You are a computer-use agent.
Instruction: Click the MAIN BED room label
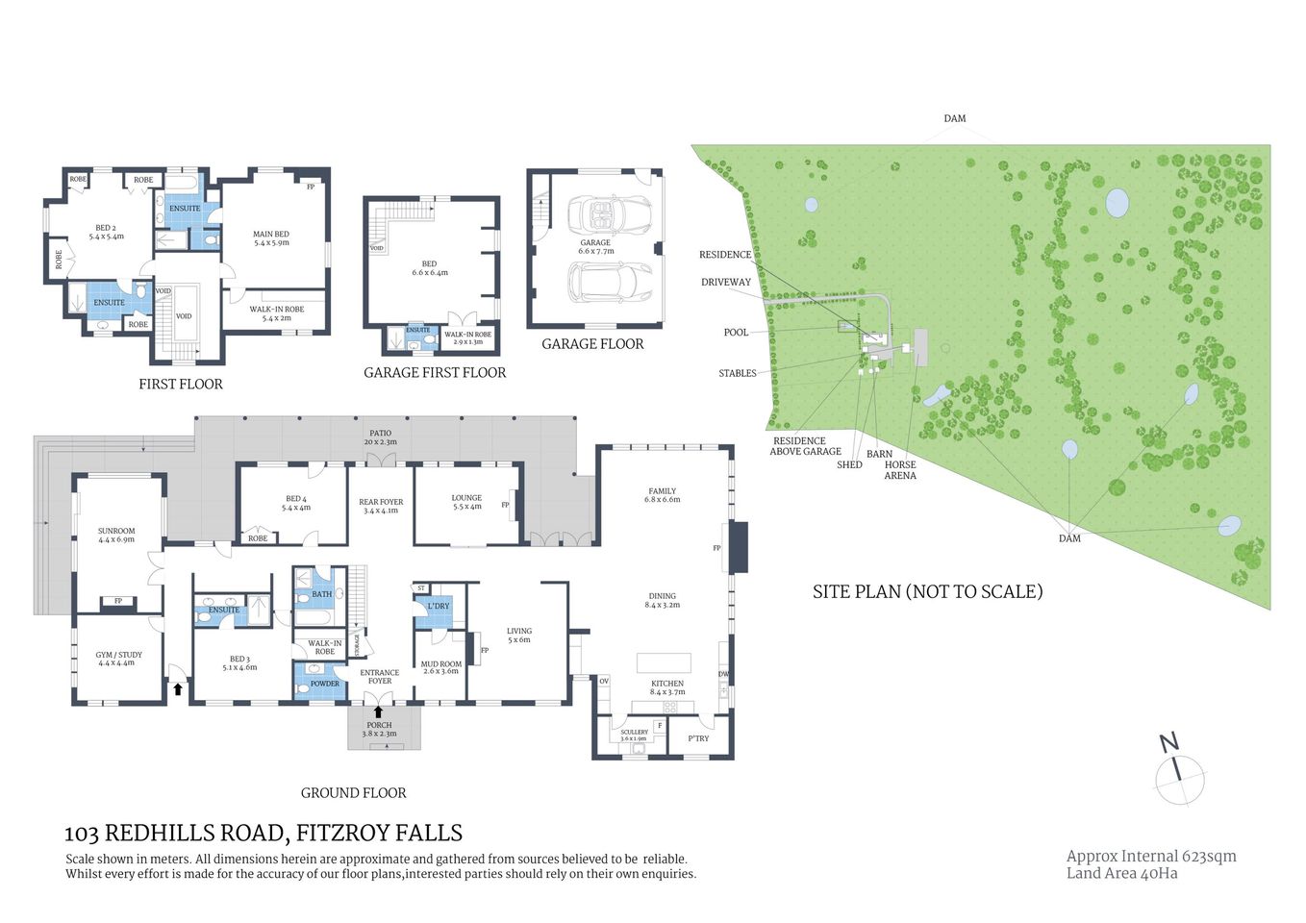[x=270, y=238]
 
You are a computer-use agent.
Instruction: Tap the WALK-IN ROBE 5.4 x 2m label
[x=276, y=313]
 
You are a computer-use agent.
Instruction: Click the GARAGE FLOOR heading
[x=592, y=344]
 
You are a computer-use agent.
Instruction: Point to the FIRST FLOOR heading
[x=181, y=385]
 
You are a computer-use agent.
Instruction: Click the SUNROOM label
[x=116, y=535]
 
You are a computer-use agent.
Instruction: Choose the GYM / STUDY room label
[x=118, y=659]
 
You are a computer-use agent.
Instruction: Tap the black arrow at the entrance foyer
[x=378, y=711]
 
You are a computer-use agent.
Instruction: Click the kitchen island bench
[x=664, y=663]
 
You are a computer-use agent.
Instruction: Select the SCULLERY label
[x=634, y=735]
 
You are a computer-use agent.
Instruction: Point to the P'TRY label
[x=698, y=738]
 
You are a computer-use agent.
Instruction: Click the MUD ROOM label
[x=440, y=667]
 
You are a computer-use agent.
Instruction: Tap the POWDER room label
[x=324, y=684]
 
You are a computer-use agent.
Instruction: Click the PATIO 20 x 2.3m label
[x=380, y=437]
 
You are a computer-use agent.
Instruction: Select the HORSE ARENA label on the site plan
[x=900, y=470]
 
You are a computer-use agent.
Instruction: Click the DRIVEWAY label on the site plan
[x=726, y=283]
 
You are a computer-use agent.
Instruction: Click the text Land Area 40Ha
[x=1121, y=873]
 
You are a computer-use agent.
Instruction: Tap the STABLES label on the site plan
[x=738, y=373]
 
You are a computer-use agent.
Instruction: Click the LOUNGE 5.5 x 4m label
[x=466, y=502]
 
